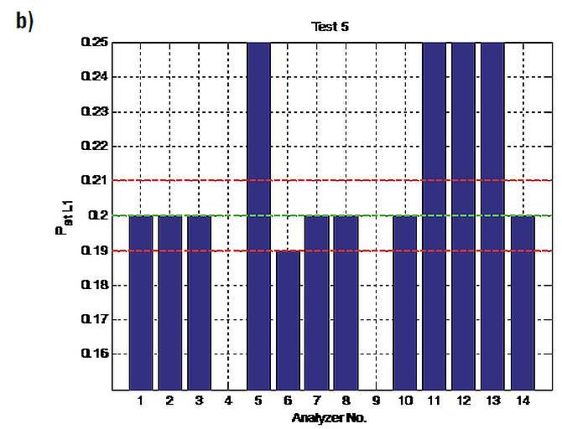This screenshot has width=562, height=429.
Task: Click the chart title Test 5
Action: [330, 27]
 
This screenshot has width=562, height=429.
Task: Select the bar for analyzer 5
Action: [259, 216]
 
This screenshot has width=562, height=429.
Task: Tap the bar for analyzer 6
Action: [288, 320]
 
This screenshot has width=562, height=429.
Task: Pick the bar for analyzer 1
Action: [141, 303]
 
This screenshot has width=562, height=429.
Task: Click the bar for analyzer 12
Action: [463, 216]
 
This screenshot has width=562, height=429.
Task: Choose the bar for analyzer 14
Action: [523, 303]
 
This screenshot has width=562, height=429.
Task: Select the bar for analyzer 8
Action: [346, 303]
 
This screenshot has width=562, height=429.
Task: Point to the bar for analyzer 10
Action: [405, 303]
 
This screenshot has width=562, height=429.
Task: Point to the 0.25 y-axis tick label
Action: [94, 42]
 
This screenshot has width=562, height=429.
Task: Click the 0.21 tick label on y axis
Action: [94, 180]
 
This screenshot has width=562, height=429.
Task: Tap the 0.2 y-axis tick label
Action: [97, 215]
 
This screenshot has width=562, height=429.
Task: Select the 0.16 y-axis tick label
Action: [94, 354]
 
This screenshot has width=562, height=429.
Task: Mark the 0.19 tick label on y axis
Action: [94, 251]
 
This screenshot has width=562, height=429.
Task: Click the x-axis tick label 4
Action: [229, 401]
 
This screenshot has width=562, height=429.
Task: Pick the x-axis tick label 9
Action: [376, 401]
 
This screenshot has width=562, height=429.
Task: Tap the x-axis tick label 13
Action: [493, 401]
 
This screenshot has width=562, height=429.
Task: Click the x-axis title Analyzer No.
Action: [329, 418]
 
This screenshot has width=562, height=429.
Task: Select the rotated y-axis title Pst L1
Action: [65, 217]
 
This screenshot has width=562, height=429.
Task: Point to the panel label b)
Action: [24, 22]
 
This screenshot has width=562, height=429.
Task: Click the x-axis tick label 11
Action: [434, 401]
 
